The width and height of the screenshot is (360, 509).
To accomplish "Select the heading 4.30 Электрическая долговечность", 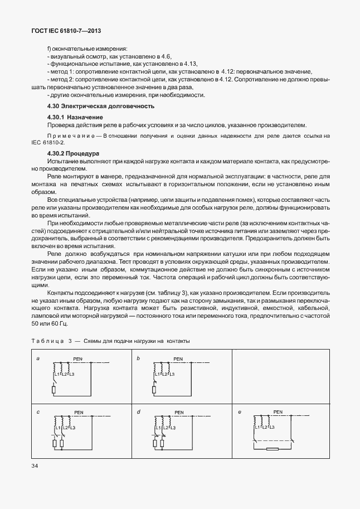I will tap(100, 106).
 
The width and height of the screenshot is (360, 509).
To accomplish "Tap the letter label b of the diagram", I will tap(138, 358).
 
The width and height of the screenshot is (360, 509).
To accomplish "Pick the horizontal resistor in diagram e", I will tap(273, 448).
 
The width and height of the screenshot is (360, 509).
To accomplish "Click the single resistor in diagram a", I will tap(53, 390).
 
